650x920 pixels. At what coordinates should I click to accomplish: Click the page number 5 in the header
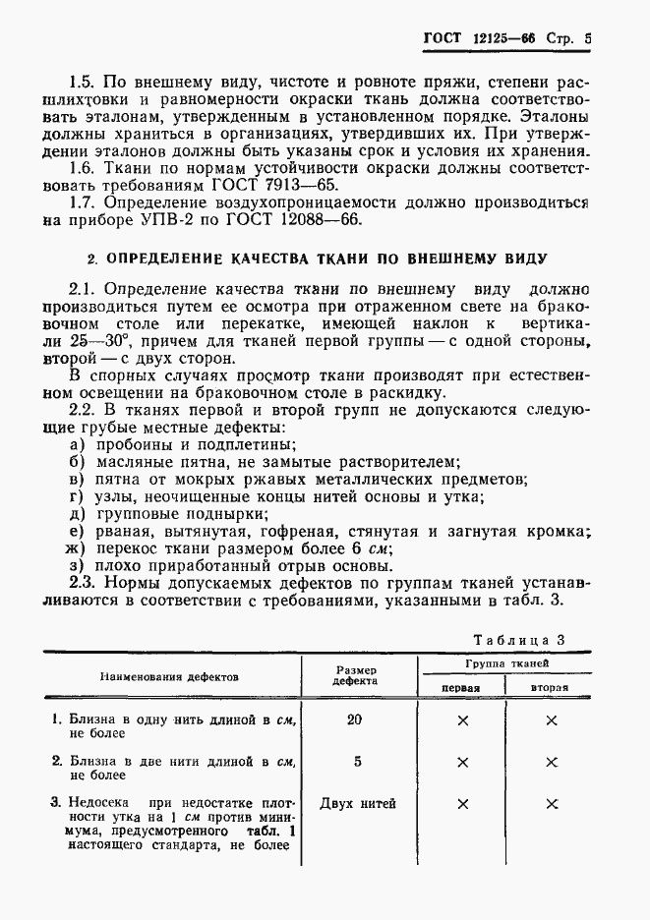tap(587, 40)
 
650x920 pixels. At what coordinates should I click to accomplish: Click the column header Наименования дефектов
tap(167, 676)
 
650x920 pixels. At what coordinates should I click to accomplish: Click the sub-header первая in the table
tap(460, 687)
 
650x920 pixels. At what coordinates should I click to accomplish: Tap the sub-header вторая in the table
tap(551, 687)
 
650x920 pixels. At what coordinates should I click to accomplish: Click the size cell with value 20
tap(354, 719)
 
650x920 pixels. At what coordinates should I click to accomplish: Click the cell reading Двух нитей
tap(358, 803)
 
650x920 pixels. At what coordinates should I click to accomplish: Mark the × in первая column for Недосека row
tap(462, 804)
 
